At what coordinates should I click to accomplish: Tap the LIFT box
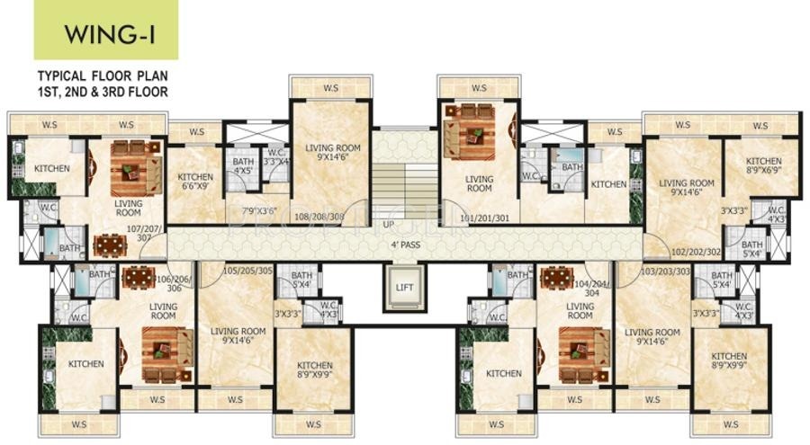click(404, 288)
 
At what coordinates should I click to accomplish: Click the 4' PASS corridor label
click(404, 243)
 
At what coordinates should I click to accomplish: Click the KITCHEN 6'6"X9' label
click(195, 182)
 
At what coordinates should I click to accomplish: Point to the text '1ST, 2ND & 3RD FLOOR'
click(102, 92)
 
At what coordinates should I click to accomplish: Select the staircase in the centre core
click(404, 180)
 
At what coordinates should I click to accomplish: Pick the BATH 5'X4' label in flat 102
click(752, 249)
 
